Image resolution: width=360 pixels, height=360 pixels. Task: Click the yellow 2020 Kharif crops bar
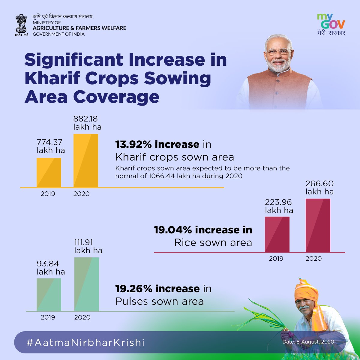pos(86,160)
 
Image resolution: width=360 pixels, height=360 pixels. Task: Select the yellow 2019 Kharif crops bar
pos(49,172)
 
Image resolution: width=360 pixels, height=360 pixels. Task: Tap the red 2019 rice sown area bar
pos(277,234)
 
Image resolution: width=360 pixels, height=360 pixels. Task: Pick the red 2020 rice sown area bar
pos(318,225)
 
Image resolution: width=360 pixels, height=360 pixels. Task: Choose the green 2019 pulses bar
pos(49,295)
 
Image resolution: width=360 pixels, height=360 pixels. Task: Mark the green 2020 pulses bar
pos(87,284)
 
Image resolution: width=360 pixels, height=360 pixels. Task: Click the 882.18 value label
pos(85,119)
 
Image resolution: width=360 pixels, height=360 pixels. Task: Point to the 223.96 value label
pos(278,202)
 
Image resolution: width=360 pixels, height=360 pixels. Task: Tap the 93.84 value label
pos(48,264)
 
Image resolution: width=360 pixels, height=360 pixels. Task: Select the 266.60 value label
pos(319,184)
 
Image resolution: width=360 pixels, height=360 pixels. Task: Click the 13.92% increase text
pos(157,145)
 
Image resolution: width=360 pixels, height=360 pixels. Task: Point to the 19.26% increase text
pos(157,289)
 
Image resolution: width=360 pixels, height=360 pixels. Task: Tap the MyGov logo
pos(331,24)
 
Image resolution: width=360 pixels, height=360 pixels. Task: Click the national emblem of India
pos(21,25)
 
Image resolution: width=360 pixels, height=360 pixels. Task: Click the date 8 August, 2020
pos(308,342)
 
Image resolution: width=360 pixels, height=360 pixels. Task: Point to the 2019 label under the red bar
pos(276,259)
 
